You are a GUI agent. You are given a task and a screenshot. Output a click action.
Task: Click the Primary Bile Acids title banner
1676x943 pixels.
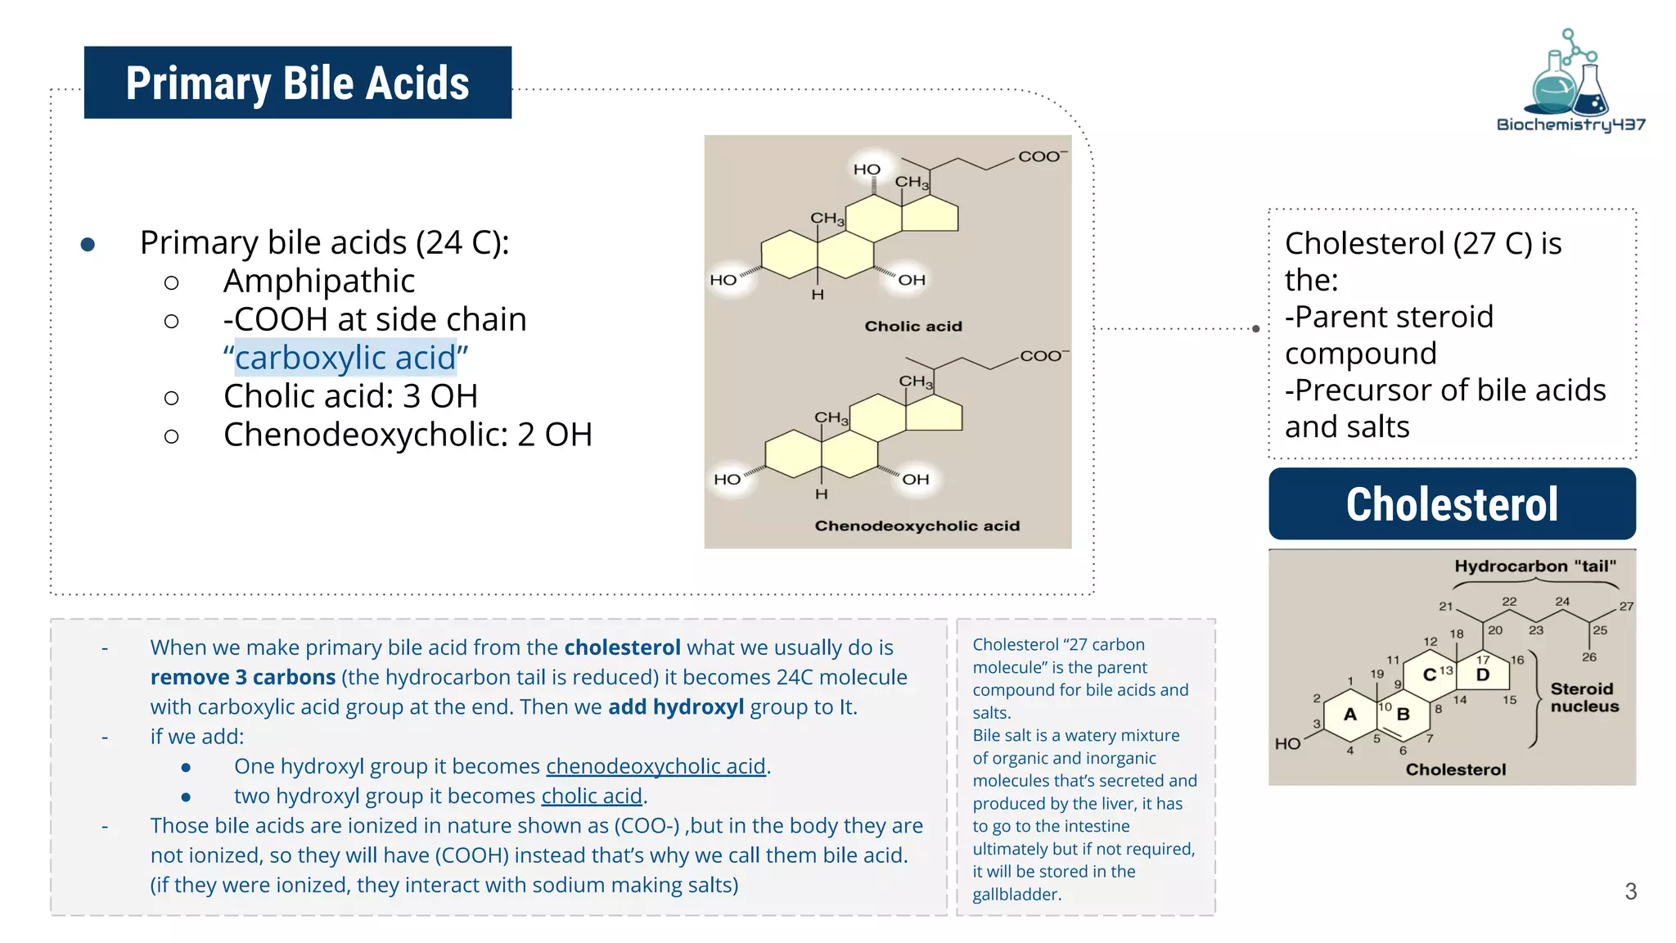pyautogui.click(x=297, y=83)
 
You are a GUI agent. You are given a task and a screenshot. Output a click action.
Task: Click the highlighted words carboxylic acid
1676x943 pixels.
pyautogui.click(x=345, y=358)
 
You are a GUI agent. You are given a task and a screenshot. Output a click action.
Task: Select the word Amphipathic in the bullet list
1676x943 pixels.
pyautogui.click(x=319, y=281)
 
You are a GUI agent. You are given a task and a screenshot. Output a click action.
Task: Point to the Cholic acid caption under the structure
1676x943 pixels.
pyautogui.click(x=912, y=326)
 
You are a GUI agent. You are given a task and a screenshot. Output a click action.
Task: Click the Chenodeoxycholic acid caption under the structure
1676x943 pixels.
pyautogui.click(x=917, y=526)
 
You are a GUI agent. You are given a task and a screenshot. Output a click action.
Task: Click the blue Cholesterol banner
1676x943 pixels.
pyautogui.click(x=1452, y=503)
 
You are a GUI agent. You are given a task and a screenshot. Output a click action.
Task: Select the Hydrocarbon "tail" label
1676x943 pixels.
pyautogui.click(x=1534, y=566)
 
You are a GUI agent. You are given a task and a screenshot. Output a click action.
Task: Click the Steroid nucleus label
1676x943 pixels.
pyautogui.click(x=1584, y=697)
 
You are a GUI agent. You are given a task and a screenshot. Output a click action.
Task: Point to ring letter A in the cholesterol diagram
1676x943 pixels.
pyautogui.click(x=1350, y=714)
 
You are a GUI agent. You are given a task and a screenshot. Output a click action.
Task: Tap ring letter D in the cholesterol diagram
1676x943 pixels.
pyautogui.click(x=1482, y=675)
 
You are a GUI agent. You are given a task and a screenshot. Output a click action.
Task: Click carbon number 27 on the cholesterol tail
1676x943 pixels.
pyautogui.click(x=1625, y=607)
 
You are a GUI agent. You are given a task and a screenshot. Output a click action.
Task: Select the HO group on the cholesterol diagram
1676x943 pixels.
pyautogui.click(x=1287, y=743)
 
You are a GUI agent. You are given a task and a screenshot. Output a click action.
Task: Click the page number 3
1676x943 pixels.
pyautogui.click(x=1630, y=891)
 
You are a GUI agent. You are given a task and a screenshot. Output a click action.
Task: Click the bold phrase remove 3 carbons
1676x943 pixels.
pyautogui.click(x=243, y=678)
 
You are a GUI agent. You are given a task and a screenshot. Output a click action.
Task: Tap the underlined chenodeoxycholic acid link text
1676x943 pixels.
pyautogui.click(x=656, y=766)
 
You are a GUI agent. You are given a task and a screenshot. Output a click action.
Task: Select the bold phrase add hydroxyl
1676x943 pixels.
pyautogui.click(x=676, y=707)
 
